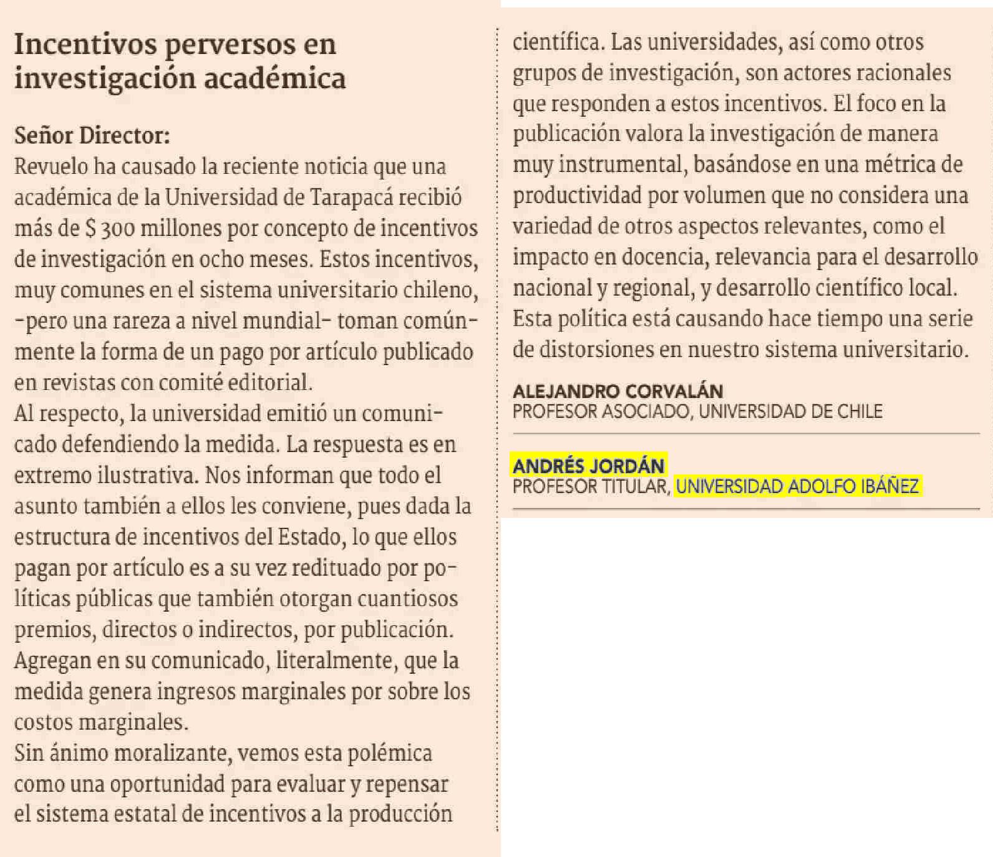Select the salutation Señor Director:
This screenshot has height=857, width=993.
point(92,135)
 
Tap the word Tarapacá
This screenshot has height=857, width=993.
point(352,197)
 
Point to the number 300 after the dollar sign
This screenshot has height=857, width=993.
point(117,229)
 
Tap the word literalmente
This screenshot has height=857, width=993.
point(336,660)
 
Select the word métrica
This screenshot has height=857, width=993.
point(900,165)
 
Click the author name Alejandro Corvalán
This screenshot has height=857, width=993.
point(618,391)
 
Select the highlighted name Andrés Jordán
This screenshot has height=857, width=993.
point(588,466)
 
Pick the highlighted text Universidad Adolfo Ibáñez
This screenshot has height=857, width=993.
point(797,486)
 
